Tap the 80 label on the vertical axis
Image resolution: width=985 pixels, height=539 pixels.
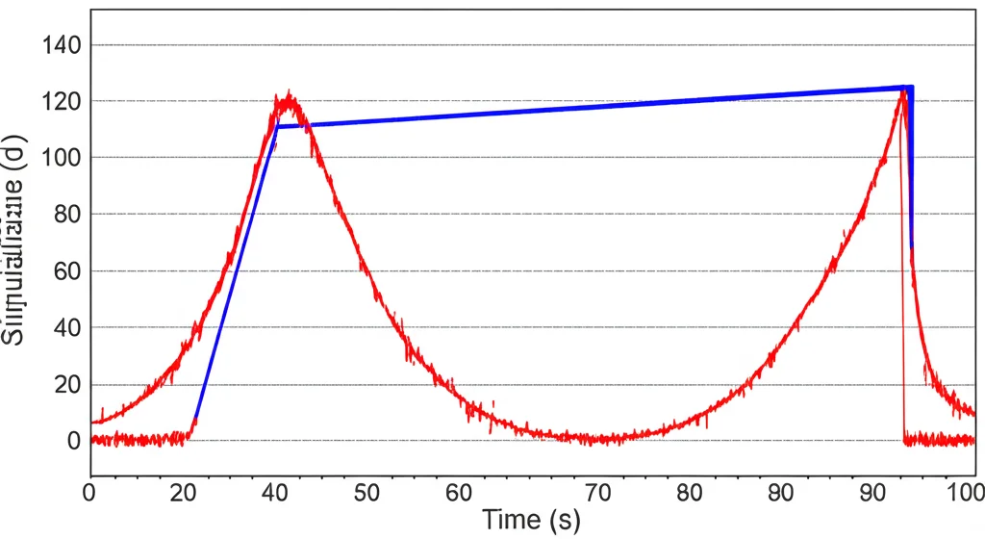tap(64, 214)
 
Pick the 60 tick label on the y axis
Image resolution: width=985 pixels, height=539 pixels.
tap(64, 270)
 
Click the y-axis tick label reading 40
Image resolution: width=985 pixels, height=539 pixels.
tap(64, 327)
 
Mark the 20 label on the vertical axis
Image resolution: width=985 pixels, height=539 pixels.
tap(64, 384)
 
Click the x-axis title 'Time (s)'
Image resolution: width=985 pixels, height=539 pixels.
tap(531, 520)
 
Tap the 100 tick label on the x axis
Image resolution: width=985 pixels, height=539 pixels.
tap(963, 493)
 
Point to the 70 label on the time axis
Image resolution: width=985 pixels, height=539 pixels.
tap(597, 493)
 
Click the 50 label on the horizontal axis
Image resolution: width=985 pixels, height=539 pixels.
tap(366, 493)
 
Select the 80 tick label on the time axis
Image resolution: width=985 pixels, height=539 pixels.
tap(690, 493)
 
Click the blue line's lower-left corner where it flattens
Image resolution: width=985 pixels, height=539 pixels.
tap(277, 126)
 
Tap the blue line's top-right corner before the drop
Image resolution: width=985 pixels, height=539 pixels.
tap(909, 87)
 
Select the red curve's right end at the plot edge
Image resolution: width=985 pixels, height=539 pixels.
tap(973, 414)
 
